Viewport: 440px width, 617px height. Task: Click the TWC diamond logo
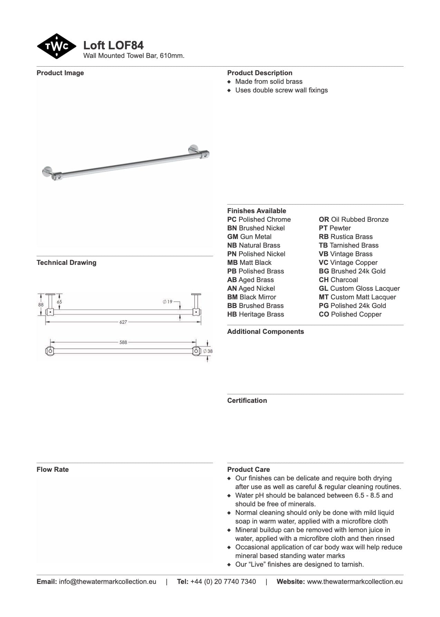(x=57, y=46)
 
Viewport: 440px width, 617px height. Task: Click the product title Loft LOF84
(x=113, y=45)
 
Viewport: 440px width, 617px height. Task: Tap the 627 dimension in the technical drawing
(x=123, y=322)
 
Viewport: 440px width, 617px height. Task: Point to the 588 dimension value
(x=123, y=342)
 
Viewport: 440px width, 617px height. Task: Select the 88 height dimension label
(x=41, y=305)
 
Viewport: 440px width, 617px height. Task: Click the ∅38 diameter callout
(x=208, y=351)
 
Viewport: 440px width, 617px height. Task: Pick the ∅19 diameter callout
(x=168, y=302)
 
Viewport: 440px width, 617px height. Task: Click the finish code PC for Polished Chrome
(x=232, y=219)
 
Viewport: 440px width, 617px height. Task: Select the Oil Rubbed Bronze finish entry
(x=353, y=219)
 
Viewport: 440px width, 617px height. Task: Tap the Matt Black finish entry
(x=249, y=262)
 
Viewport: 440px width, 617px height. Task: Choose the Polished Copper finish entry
(x=350, y=314)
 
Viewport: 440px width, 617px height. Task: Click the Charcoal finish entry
(x=338, y=280)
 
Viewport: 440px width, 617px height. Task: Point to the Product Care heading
(x=248, y=469)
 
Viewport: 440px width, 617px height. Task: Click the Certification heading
(x=247, y=400)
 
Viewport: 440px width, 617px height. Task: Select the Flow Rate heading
(x=52, y=469)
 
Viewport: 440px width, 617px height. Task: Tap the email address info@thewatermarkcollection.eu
(x=107, y=581)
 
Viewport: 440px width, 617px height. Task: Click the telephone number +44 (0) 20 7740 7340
(x=223, y=581)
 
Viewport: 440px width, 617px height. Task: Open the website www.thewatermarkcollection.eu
(x=354, y=581)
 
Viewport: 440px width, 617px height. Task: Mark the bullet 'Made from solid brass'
(x=268, y=81)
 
